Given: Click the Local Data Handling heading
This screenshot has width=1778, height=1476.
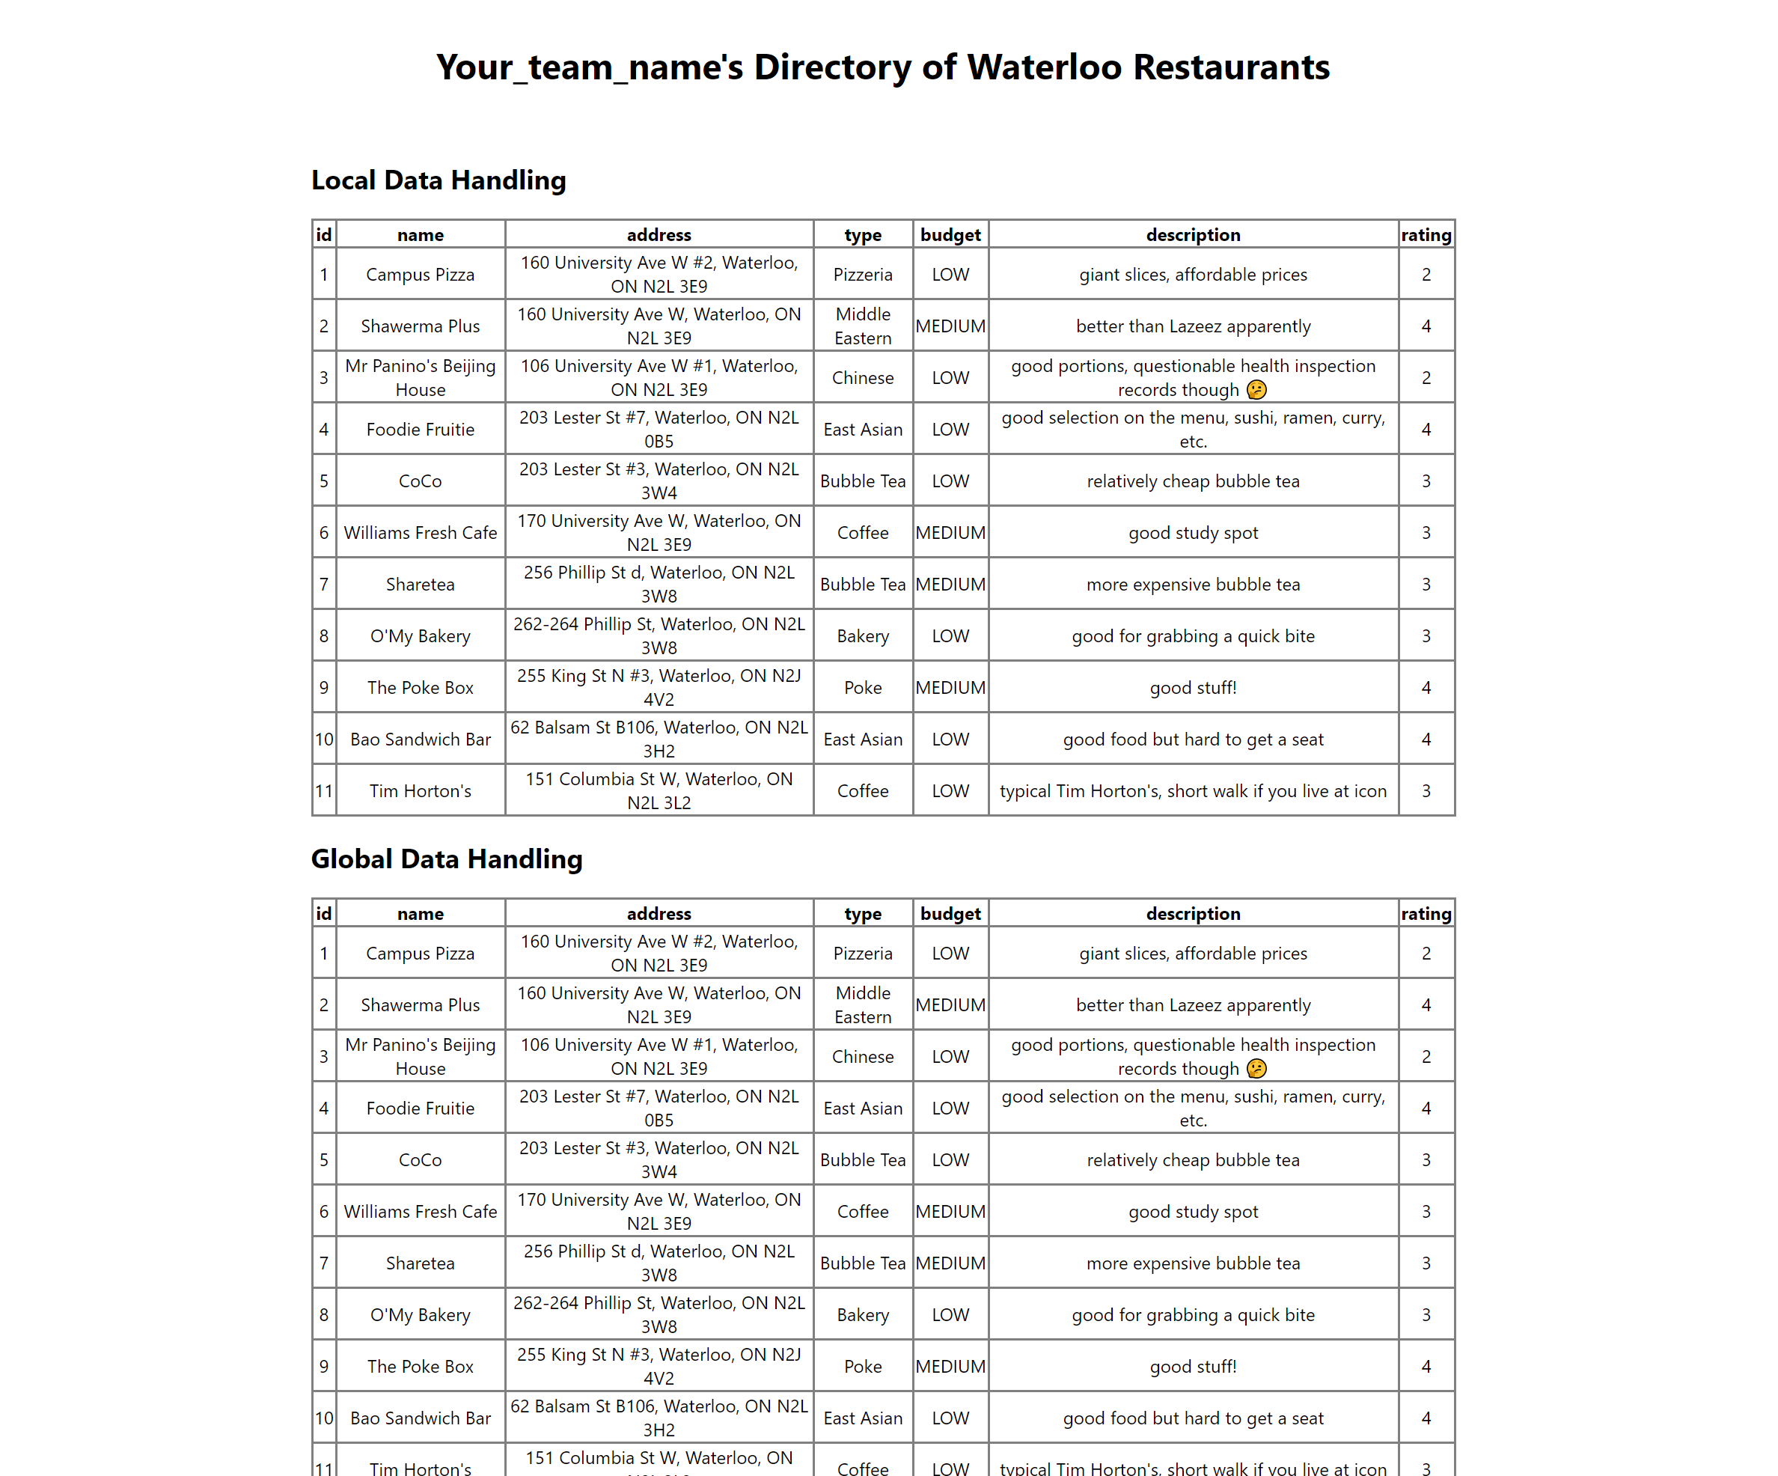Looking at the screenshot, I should pyautogui.click(x=439, y=180).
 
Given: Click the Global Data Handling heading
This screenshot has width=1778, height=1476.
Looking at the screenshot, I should pyautogui.click(x=446, y=859).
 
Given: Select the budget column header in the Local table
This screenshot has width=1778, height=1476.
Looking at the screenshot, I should pyautogui.click(x=950, y=234).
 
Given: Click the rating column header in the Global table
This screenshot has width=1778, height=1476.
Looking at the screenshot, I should pyautogui.click(x=1426, y=913).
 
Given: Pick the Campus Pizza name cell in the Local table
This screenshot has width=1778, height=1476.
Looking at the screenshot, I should pyautogui.click(x=420, y=275).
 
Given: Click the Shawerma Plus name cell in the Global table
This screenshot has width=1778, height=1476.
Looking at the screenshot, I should pyautogui.click(x=420, y=1004).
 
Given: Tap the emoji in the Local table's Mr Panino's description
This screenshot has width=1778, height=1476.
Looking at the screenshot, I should pyautogui.click(x=1256, y=389).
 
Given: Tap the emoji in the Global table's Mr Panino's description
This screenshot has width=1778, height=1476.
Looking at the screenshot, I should pyautogui.click(x=1256, y=1069).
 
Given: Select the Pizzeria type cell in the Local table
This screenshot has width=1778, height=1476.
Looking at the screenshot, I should pyautogui.click(x=862, y=275).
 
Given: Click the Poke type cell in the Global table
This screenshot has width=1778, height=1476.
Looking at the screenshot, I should pyautogui.click(x=862, y=1366).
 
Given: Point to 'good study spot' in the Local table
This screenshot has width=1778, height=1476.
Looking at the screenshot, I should pyautogui.click(x=1192, y=533).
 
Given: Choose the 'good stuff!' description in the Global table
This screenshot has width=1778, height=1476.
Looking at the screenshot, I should pyautogui.click(x=1192, y=1366).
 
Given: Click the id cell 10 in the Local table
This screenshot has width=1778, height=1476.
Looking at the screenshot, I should pyautogui.click(x=323, y=739).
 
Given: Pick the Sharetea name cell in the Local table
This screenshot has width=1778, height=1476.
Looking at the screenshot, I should pyautogui.click(x=420, y=585).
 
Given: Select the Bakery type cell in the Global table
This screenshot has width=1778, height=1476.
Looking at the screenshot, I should pyautogui.click(x=862, y=1314).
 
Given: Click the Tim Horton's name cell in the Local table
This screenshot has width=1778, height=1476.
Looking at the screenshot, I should pyautogui.click(x=420, y=791).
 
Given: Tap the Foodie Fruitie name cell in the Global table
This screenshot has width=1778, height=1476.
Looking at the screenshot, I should pyautogui.click(x=420, y=1108).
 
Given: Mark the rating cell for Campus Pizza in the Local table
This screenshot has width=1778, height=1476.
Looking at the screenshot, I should pyautogui.click(x=1426, y=275).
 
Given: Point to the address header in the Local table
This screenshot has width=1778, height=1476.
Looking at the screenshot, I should pyautogui.click(x=659, y=234).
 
